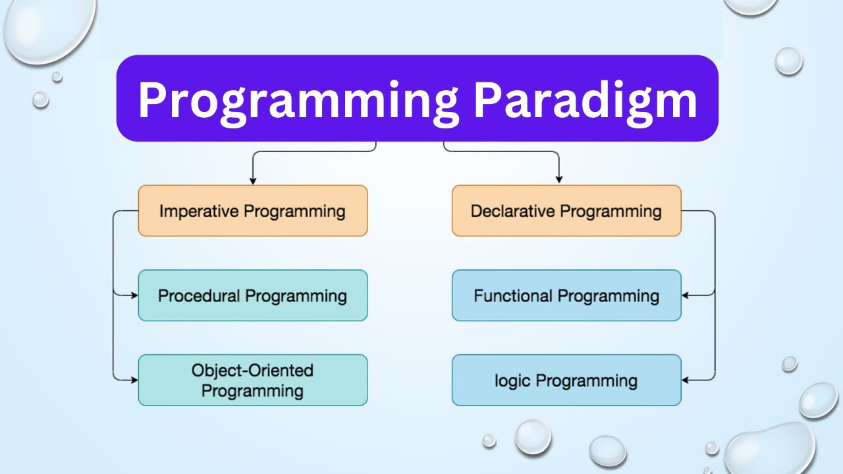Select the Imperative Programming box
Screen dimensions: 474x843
(x=252, y=211)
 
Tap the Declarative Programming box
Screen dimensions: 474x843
(x=566, y=211)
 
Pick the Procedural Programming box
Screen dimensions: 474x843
(x=252, y=296)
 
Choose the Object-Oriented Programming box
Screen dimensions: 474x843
(x=252, y=381)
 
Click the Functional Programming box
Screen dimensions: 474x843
(x=566, y=296)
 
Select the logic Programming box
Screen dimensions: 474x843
(x=566, y=381)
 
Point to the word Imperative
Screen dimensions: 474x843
(x=200, y=211)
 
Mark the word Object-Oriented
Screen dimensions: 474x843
(x=252, y=370)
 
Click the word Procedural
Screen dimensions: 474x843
(x=199, y=296)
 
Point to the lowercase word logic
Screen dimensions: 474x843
(x=513, y=381)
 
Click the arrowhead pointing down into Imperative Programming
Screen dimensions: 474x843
(x=252, y=180)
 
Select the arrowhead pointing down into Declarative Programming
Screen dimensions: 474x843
(x=559, y=179)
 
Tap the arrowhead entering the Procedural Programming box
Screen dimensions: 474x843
(x=134, y=296)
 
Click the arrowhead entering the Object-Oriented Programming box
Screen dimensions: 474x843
(x=134, y=380)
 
